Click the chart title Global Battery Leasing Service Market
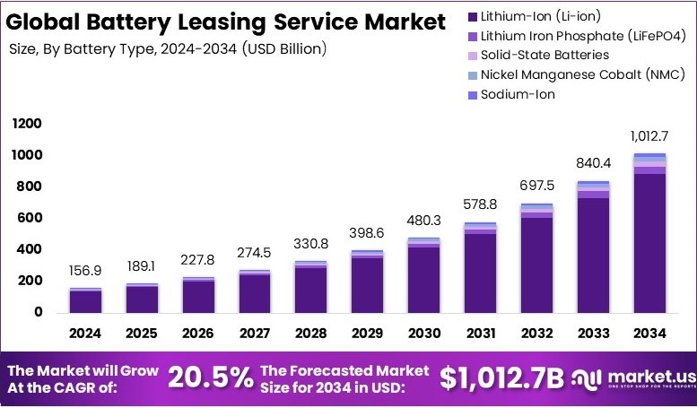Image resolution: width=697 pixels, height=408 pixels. click(x=227, y=22)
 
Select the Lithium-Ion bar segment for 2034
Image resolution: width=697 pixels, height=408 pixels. click(x=649, y=242)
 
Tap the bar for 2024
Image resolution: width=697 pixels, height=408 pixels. click(x=86, y=300)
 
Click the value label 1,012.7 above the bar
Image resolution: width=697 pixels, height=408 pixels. click(x=649, y=135)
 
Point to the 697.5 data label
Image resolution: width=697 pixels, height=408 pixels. click(x=536, y=185)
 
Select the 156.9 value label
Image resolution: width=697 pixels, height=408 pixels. click(x=86, y=270)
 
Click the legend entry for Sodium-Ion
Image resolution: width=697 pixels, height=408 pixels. click(x=517, y=94)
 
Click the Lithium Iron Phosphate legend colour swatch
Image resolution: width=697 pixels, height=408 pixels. click(x=473, y=36)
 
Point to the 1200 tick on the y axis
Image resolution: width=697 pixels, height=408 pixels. click(x=27, y=124)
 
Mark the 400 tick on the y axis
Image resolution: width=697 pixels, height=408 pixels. click(x=30, y=249)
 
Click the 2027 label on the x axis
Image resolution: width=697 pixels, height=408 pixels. click(x=255, y=334)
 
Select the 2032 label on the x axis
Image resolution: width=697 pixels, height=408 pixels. click(x=536, y=334)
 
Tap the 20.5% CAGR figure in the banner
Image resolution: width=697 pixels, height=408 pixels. click(x=212, y=378)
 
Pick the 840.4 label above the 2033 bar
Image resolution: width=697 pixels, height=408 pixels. click(x=593, y=162)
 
